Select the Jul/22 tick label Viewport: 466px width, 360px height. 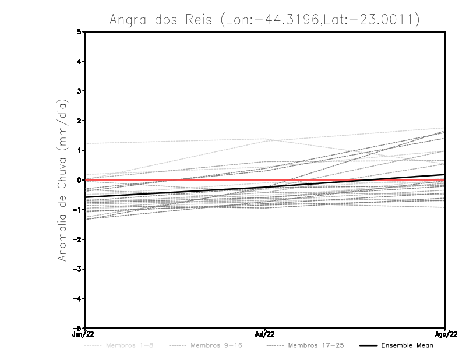(x=264, y=334)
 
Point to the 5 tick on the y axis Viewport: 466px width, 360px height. (x=79, y=32)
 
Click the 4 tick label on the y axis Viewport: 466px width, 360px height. (x=79, y=62)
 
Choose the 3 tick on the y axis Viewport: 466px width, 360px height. (x=79, y=91)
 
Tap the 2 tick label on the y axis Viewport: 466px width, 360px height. (x=79, y=121)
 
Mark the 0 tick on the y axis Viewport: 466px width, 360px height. (x=79, y=180)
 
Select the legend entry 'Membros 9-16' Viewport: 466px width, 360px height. (x=216, y=345)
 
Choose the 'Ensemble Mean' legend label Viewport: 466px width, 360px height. (x=407, y=345)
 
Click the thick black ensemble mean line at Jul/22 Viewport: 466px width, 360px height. (x=264, y=188)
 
